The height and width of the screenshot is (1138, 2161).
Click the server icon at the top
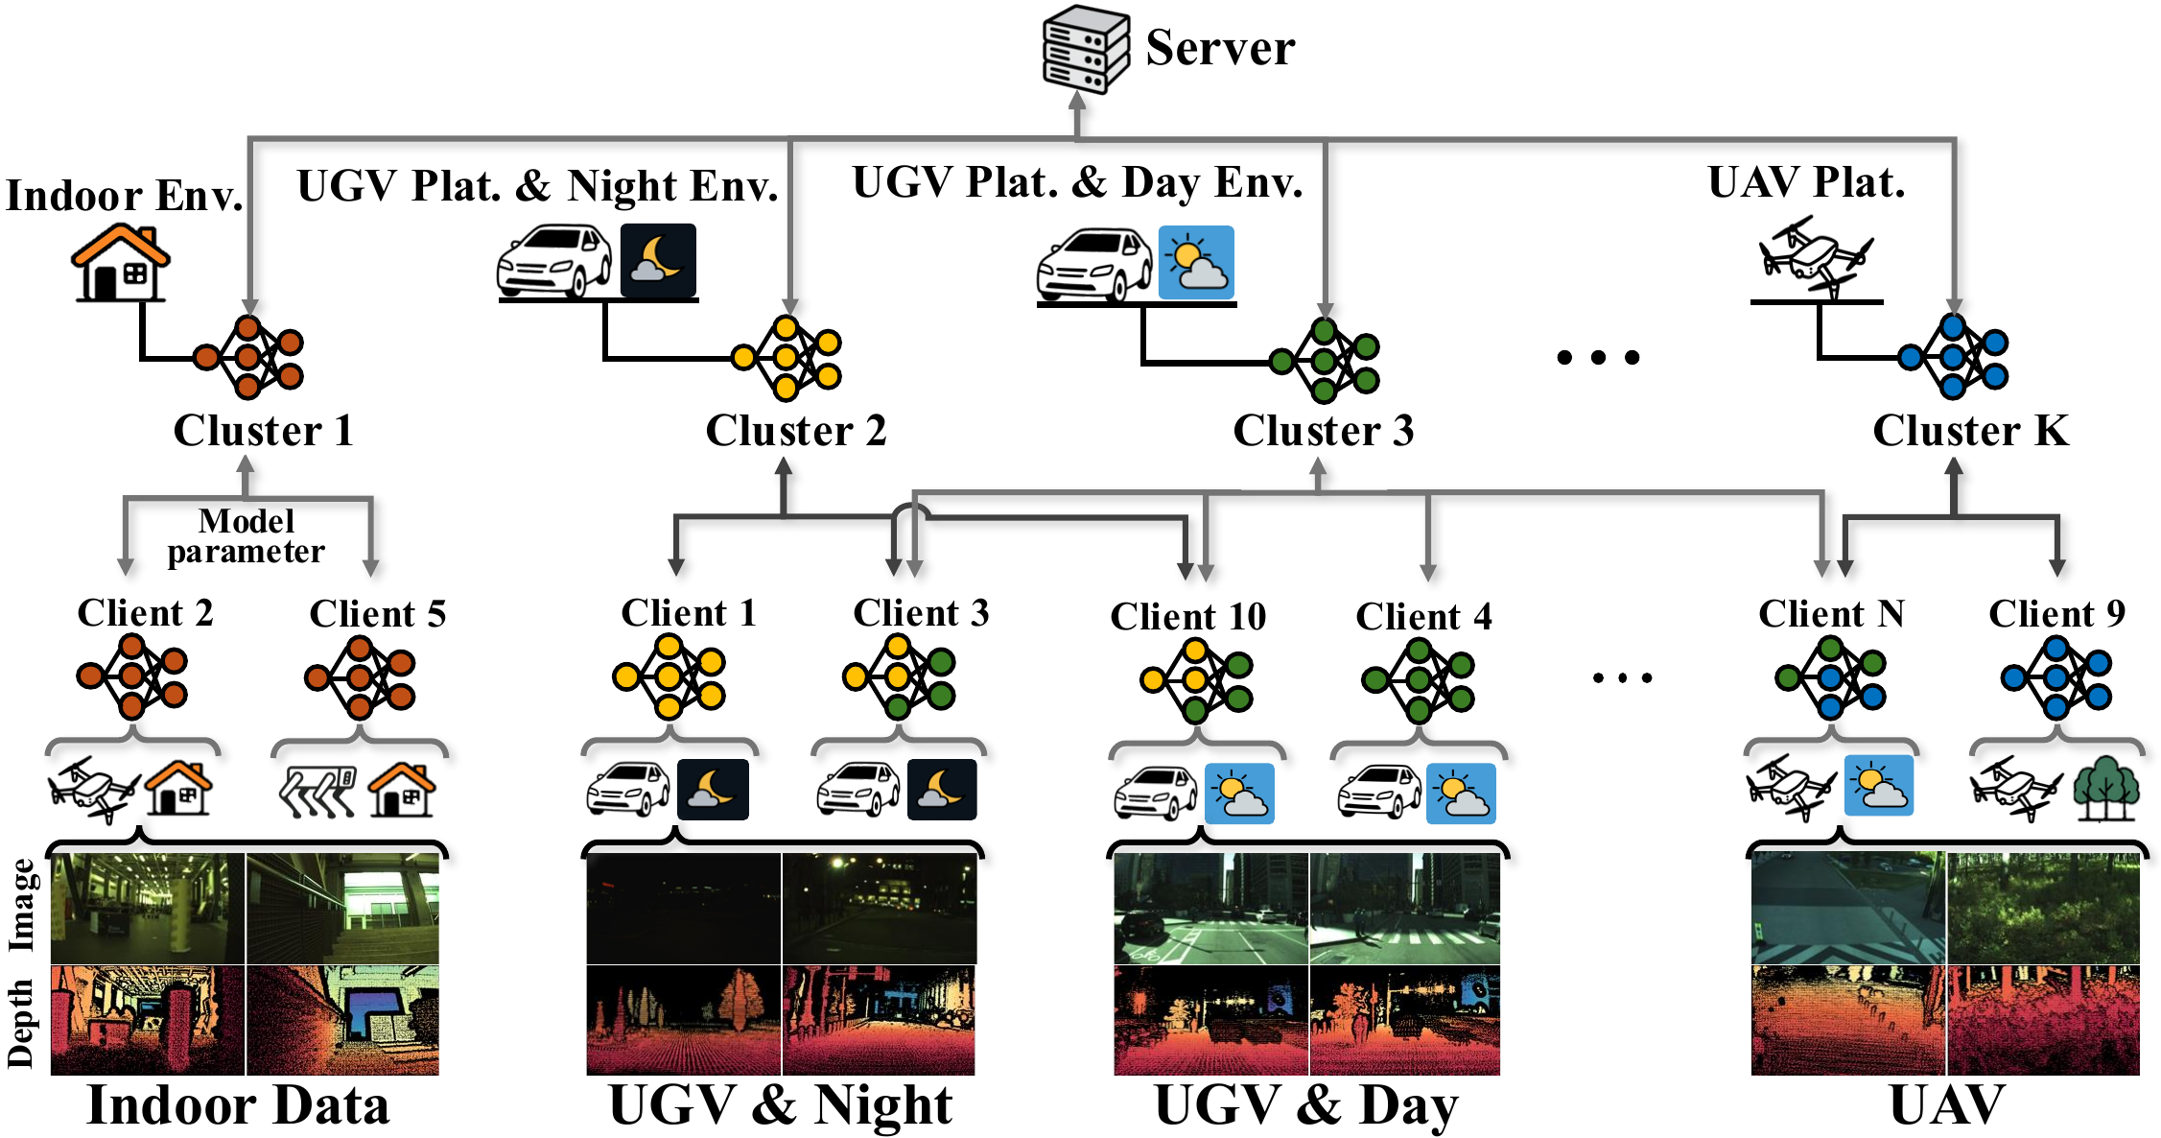pyautogui.click(x=1086, y=49)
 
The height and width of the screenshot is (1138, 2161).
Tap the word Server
pyautogui.click(x=1220, y=48)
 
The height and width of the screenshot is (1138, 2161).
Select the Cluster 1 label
pyautogui.click(x=264, y=431)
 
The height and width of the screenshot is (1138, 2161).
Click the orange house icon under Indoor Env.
pyautogui.click(x=121, y=262)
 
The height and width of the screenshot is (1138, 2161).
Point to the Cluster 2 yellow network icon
pyautogui.click(x=787, y=358)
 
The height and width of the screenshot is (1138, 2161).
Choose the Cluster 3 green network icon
pyautogui.click(x=1325, y=361)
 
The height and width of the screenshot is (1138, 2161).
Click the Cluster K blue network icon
pyautogui.click(x=1953, y=357)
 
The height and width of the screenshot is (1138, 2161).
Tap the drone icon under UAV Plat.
pyautogui.click(x=1815, y=256)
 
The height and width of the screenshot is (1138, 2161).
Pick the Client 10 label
pyautogui.click(x=1188, y=616)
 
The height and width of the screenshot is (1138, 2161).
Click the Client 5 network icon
pyautogui.click(x=360, y=677)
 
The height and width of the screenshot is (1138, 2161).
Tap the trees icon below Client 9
pyautogui.click(x=2106, y=789)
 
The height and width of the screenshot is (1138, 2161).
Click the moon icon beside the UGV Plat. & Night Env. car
pyautogui.click(x=658, y=260)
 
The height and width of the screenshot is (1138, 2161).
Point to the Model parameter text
pyautogui.click(x=247, y=535)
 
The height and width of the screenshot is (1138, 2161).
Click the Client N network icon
pyautogui.click(x=1830, y=678)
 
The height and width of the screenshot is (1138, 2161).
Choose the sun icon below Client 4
pyautogui.click(x=1461, y=794)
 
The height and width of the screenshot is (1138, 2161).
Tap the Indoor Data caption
pyautogui.click(x=239, y=1105)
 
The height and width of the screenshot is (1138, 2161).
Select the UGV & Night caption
pyautogui.click(x=781, y=1105)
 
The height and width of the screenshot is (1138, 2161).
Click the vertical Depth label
pyautogui.click(x=21, y=1023)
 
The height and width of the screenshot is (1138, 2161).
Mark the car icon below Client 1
pyautogui.click(x=628, y=790)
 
